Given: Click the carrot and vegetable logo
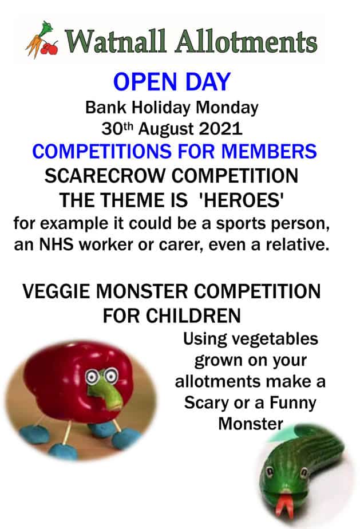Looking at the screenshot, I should coord(42,41).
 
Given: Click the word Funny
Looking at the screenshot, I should coord(292,402).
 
